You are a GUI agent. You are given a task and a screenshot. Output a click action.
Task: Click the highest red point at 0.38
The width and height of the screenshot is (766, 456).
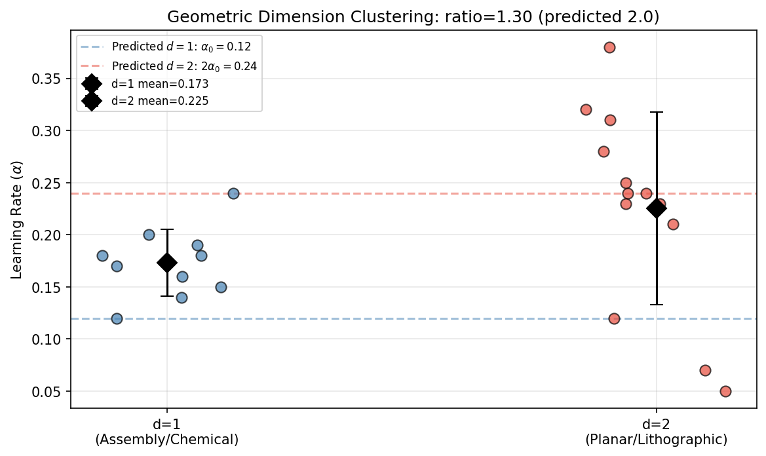click(x=609, y=47)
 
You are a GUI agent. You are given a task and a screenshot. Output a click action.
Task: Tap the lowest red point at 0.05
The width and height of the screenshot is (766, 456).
click(x=725, y=391)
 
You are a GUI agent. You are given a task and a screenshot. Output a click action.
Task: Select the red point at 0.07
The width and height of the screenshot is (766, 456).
click(x=705, y=370)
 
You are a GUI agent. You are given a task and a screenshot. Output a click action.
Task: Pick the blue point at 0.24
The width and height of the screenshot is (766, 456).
click(x=233, y=193)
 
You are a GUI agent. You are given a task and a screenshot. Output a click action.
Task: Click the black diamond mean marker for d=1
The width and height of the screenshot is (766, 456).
click(x=167, y=263)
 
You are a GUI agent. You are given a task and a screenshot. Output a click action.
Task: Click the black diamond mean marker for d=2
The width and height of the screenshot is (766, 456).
click(x=656, y=208)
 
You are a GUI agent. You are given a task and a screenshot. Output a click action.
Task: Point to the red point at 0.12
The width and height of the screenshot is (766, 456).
click(x=614, y=318)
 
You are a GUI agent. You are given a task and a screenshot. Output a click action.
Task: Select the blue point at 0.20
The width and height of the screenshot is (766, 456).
click(x=149, y=235)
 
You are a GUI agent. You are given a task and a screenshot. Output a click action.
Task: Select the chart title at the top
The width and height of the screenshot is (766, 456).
click(x=413, y=17)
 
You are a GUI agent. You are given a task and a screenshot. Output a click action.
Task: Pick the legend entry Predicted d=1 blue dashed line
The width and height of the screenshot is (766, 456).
click(x=181, y=47)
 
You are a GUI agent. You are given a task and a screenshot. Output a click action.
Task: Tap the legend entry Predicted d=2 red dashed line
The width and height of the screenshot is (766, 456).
click(x=184, y=66)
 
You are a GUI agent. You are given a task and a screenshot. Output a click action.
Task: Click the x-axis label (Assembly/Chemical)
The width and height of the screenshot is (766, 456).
click(x=167, y=440)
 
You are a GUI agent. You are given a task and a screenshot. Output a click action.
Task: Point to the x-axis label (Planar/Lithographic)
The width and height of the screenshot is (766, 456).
click(x=656, y=440)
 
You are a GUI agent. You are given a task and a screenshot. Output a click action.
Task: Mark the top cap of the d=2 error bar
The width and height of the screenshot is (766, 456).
click(x=656, y=112)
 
